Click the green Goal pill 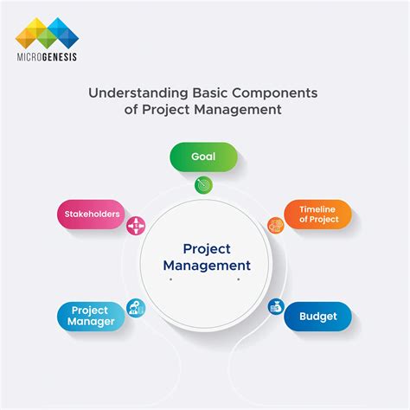point(205,157)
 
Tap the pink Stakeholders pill point(90,213)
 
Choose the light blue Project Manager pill point(90,316)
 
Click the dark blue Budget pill point(318,317)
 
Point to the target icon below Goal point(205,184)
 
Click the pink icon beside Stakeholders point(136,226)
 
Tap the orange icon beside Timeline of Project point(276,226)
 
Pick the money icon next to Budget point(276,305)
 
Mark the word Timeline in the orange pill point(318,209)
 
